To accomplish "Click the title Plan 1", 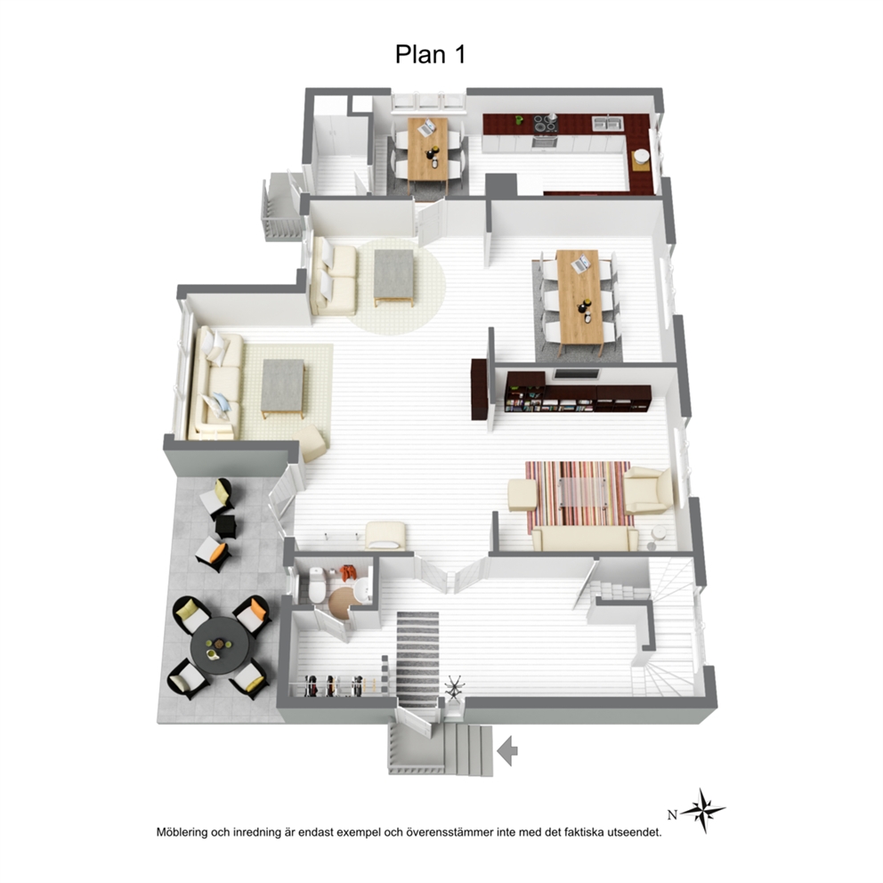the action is point(430,54).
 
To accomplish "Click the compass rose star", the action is point(703,811).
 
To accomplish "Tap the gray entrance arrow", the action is point(508,750).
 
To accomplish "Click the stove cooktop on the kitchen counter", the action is point(545,124).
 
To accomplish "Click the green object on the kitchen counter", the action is point(519,120).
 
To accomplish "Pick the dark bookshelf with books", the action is point(579,398).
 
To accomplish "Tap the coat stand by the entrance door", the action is point(454,688).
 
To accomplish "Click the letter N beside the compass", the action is point(672,814).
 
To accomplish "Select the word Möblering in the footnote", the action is point(182,832).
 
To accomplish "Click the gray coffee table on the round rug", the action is point(395,277).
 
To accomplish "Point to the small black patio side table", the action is point(226,526).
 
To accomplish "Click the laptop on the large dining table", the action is point(581,263).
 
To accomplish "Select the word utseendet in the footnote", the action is point(634,832).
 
